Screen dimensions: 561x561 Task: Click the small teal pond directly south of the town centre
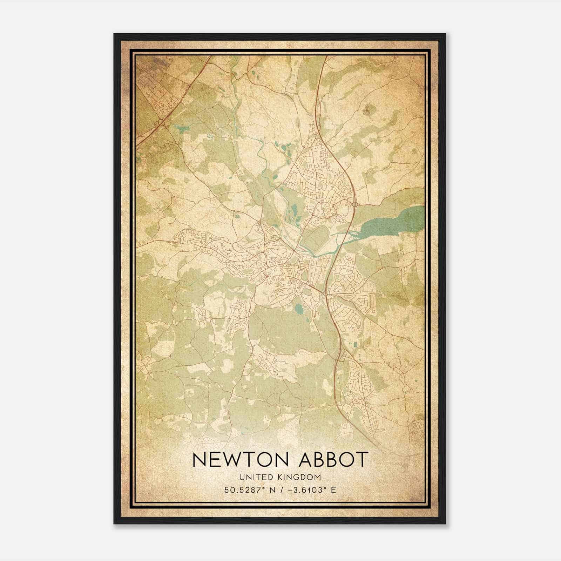pyautogui.click(x=299, y=310)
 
